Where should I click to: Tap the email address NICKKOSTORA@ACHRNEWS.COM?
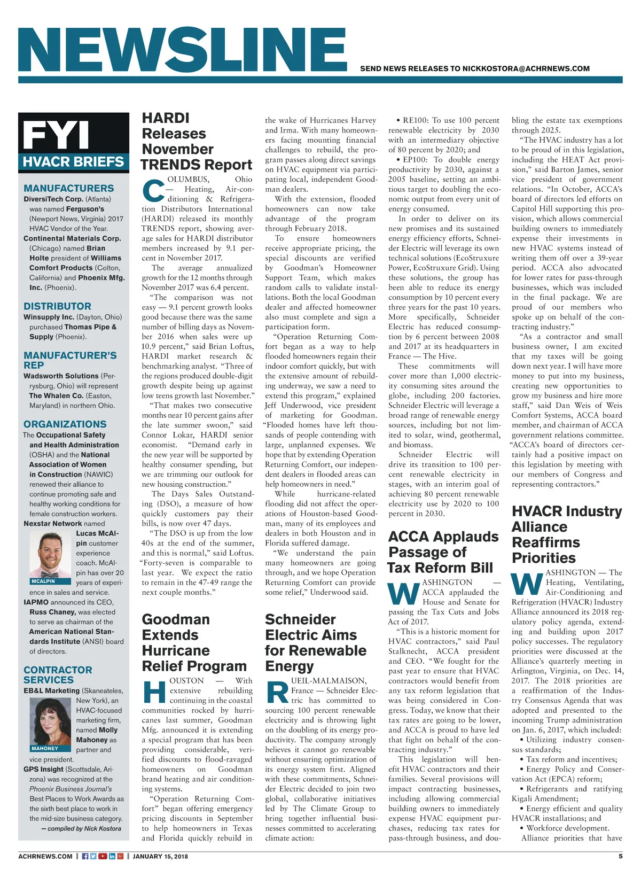[526, 68]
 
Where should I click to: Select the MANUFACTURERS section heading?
[68, 188]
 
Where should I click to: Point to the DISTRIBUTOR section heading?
[57, 306]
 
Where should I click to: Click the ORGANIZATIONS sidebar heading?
[65, 424]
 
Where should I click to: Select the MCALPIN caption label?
[43, 581]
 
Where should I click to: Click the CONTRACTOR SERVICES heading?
[57, 675]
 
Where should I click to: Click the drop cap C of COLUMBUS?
[153, 190]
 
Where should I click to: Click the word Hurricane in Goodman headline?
[176, 650]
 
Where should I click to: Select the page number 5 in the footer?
[620, 856]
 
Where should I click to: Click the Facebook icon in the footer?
[85, 856]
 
